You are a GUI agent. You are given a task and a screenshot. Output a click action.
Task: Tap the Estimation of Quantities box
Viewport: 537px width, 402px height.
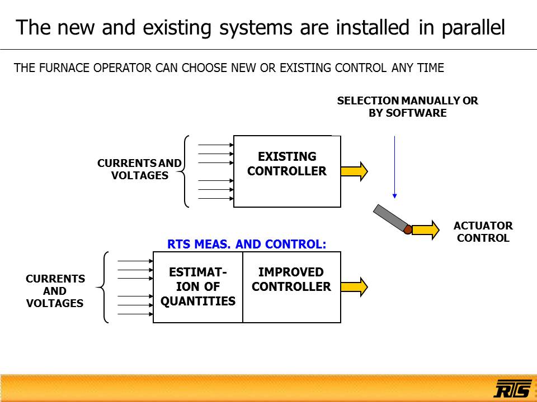tap(198, 287)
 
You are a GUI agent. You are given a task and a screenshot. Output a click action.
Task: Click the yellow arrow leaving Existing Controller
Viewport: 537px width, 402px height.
tap(354, 171)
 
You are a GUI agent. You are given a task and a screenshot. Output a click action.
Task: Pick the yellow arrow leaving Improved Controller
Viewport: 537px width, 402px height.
tap(354, 286)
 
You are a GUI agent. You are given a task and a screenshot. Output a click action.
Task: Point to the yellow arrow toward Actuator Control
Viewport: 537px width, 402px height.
tap(425, 229)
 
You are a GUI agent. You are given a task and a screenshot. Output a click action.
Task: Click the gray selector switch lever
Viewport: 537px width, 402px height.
tap(390, 218)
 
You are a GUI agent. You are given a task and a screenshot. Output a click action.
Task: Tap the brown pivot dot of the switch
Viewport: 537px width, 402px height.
tap(408, 229)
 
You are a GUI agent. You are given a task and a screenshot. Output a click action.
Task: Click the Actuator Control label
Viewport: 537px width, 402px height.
tap(483, 232)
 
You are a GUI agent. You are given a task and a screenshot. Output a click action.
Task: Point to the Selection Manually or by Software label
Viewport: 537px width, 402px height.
tap(407, 107)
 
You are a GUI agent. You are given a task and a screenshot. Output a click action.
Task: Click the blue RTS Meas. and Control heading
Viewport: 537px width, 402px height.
tap(247, 244)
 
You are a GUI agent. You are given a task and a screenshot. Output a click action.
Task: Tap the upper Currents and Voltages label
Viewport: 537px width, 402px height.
tap(139, 169)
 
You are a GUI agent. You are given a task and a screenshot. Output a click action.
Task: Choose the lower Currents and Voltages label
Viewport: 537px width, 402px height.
tap(55, 291)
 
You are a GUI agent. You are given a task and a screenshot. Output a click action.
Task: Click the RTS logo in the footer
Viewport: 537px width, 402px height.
tap(512, 388)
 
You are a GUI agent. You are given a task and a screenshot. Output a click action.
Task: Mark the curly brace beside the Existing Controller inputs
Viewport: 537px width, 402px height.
tap(185, 171)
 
